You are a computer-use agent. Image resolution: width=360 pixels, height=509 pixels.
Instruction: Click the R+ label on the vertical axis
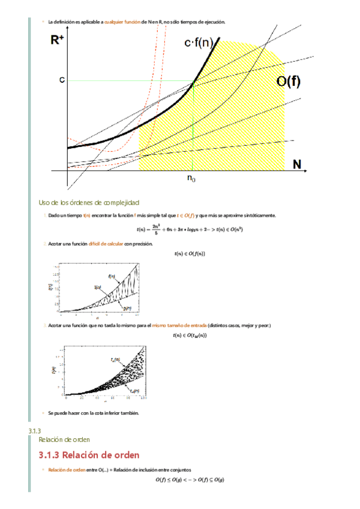tap(58, 40)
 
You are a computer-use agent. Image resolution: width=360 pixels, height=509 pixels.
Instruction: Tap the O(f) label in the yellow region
tap(288, 82)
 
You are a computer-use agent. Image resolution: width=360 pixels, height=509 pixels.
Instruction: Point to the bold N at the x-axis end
tap(296, 164)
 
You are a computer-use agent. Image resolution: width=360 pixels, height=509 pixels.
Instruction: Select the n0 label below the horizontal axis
tap(191, 178)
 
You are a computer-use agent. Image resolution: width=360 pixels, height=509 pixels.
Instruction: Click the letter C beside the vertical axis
tap(62, 79)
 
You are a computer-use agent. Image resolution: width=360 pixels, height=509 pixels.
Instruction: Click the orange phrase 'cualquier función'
tap(122, 22)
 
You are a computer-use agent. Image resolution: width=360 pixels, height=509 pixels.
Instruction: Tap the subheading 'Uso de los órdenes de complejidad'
tap(89, 202)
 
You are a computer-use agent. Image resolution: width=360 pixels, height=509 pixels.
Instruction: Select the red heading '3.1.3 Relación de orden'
tap(89, 454)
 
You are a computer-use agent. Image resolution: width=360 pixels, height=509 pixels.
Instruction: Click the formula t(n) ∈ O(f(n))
tap(189, 253)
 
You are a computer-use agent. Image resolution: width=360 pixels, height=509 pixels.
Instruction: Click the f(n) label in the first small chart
tap(112, 276)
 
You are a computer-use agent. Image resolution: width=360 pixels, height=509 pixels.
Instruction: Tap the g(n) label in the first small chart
tap(127, 307)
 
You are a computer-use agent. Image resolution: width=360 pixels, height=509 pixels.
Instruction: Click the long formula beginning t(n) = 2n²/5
tap(189, 228)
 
